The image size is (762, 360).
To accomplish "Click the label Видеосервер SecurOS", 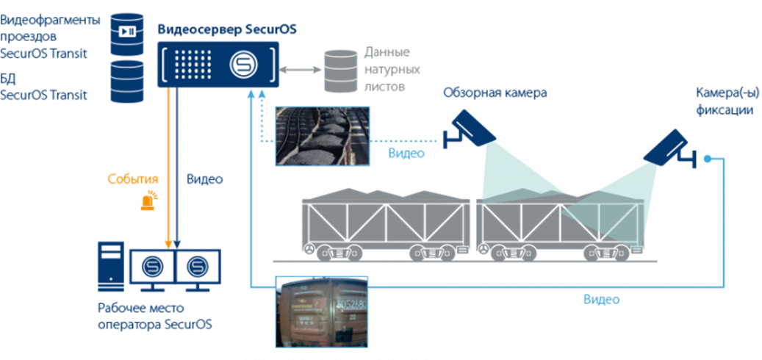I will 226,30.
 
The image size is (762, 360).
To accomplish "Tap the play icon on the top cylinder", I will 127,31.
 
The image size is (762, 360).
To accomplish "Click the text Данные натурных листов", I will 387,70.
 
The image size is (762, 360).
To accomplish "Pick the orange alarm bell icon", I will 150,199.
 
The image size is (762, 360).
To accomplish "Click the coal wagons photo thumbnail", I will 321,135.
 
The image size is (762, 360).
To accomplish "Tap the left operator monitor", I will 152,265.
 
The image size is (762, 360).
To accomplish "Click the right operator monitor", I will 198,265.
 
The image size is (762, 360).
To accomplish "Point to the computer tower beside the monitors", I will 111,272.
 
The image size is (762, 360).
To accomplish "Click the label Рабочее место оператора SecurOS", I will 155,316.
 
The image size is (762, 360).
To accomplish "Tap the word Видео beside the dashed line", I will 406,154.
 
